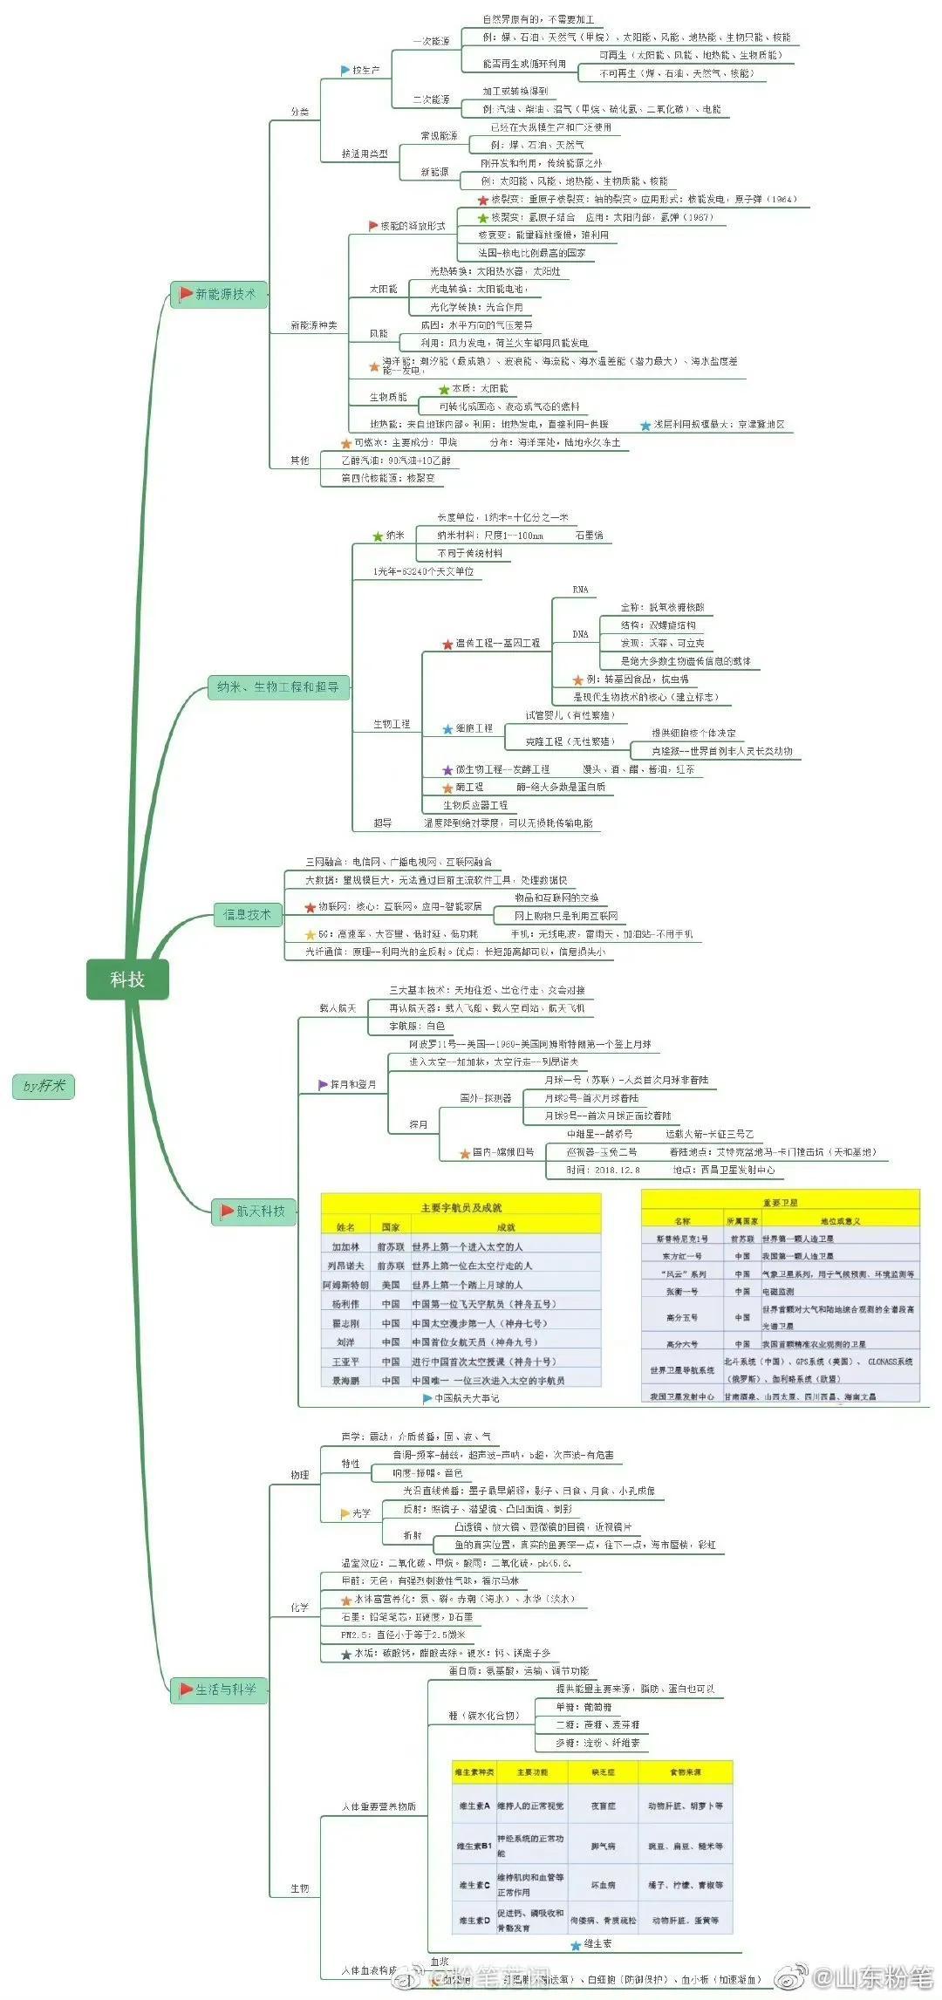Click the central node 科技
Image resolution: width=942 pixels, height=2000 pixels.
pos(127,980)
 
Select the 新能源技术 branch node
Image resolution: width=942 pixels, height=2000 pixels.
pos(219,295)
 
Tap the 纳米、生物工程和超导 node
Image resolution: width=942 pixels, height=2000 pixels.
pos(277,687)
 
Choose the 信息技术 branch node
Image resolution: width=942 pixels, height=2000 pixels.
pos(248,915)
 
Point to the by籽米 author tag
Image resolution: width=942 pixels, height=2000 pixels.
pos(44,1086)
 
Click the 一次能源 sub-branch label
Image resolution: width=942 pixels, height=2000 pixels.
pos(431,41)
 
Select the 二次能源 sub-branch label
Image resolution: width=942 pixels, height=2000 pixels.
pos(431,100)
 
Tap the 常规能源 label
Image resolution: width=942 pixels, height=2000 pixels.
pos(439,136)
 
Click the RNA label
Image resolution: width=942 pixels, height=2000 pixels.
pos(580,590)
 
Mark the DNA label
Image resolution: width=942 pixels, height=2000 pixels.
pos(580,634)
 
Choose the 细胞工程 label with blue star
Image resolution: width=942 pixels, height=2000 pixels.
pos(474,728)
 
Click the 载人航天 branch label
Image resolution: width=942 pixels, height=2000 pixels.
pos(338,1008)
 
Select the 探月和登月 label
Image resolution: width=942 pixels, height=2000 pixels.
pos(352,1085)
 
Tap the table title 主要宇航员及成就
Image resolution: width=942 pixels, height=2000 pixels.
pos(461,1208)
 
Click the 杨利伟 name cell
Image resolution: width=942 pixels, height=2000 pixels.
pos(345,1305)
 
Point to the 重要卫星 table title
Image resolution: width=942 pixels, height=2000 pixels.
pos(780,1203)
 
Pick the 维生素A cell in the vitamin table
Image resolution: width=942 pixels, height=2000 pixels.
pos(474,1806)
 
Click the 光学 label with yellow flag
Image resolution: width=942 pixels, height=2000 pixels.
pos(360,1513)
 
